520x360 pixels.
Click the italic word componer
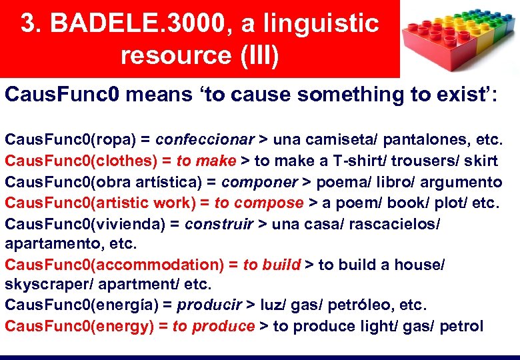pos(259,182)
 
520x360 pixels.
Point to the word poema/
pos(341,182)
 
